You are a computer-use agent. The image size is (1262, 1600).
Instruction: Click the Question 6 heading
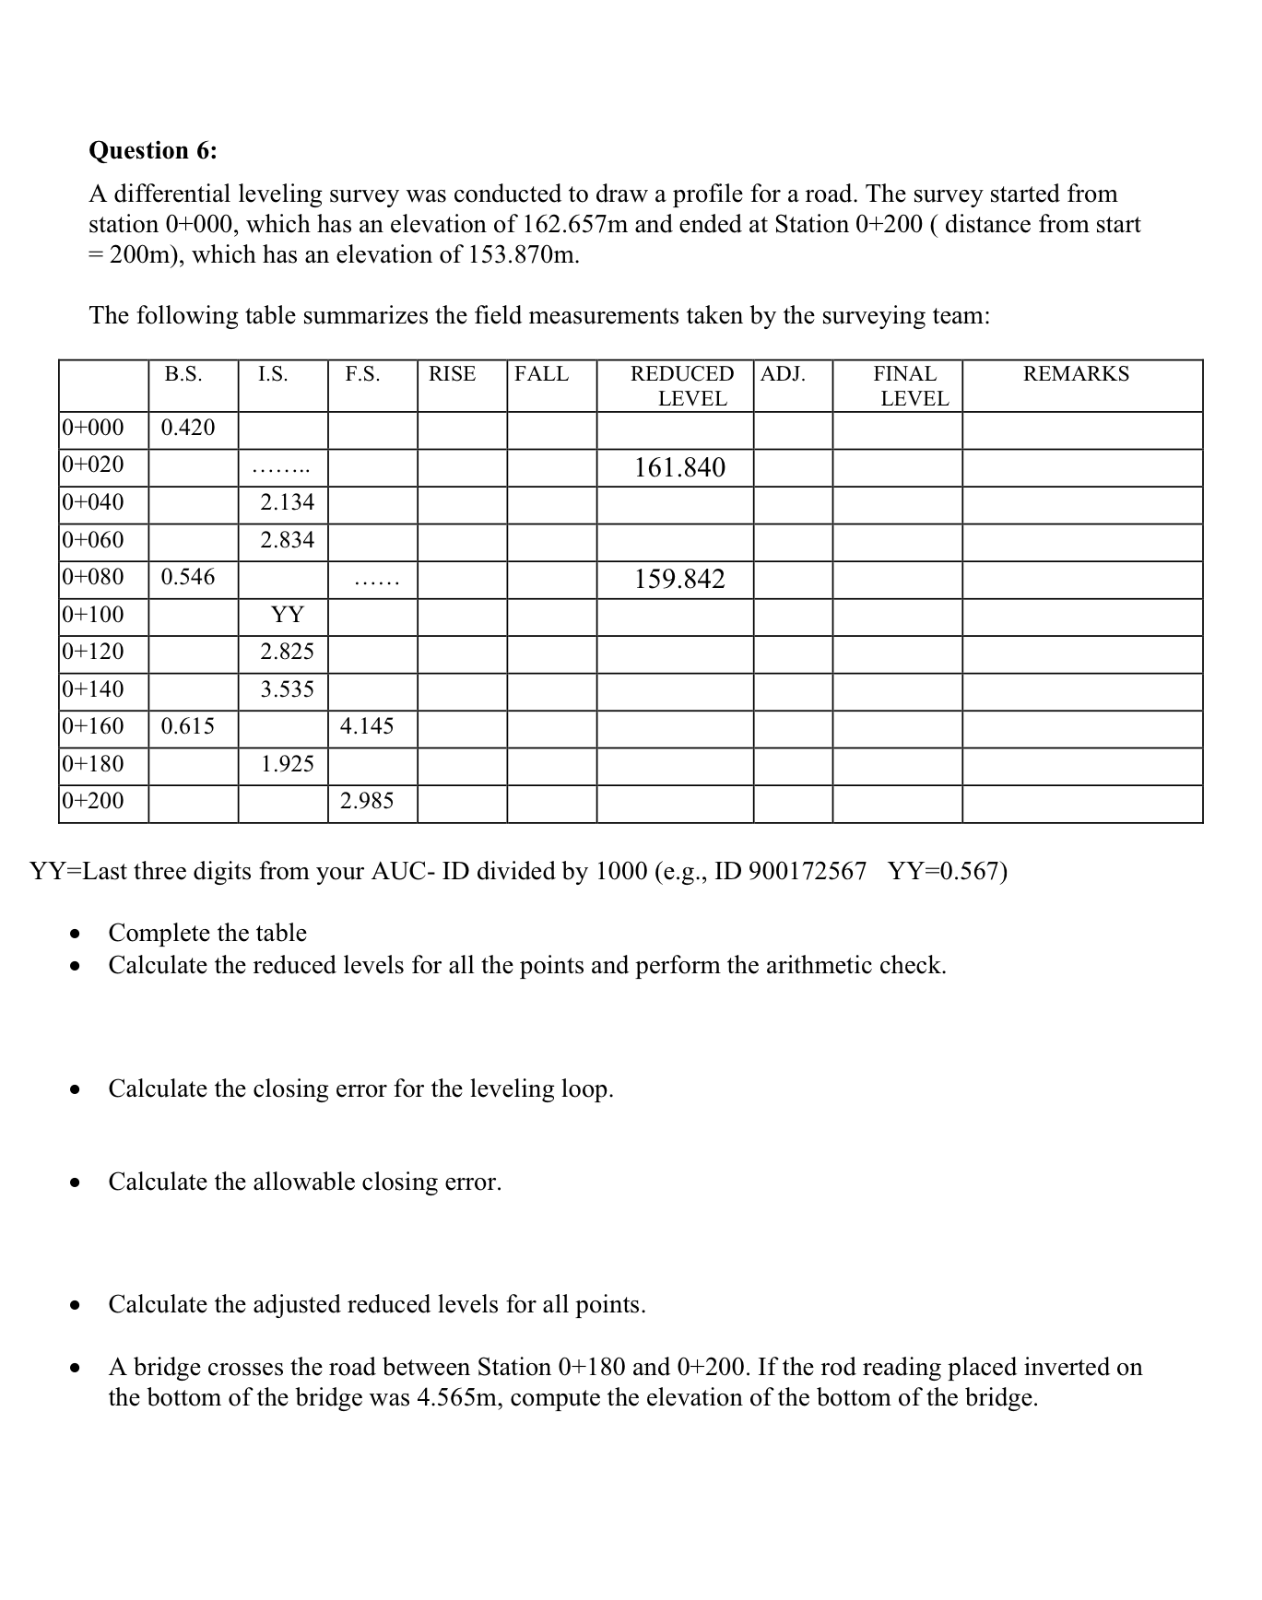tap(153, 150)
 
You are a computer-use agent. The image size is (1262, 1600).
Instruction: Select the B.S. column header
tap(183, 374)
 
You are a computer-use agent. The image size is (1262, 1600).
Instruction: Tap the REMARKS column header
tap(1076, 374)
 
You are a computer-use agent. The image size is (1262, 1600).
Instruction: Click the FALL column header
tap(541, 374)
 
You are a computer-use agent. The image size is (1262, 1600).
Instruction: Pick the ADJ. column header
tap(783, 374)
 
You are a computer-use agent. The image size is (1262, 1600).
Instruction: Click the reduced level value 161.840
tap(679, 468)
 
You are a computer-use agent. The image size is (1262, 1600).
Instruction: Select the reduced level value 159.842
tap(679, 580)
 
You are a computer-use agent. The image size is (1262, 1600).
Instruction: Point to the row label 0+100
tap(92, 615)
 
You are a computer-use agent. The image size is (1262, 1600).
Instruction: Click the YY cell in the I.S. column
tap(287, 615)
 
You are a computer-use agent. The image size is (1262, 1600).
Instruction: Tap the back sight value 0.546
tap(187, 577)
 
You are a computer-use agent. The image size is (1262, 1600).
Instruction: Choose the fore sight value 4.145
tap(366, 726)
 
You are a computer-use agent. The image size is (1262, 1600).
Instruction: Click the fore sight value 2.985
tap(366, 801)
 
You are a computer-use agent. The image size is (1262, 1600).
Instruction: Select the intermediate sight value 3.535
tap(287, 689)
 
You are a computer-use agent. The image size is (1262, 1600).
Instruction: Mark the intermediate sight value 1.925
tap(287, 764)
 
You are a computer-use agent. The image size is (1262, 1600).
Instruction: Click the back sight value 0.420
tap(187, 428)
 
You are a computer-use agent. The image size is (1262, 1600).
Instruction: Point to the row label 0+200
tap(92, 801)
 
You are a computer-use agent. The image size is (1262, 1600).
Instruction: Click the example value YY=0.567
tap(948, 872)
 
